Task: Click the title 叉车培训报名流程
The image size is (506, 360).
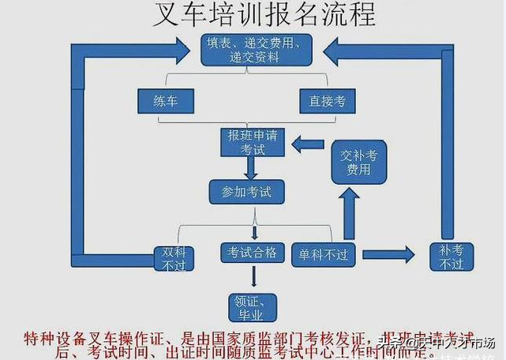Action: point(253,15)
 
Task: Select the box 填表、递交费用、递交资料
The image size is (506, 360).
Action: point(253,48)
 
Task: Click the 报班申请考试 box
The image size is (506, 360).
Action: point(250,142)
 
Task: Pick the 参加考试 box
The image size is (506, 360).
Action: point(246,191)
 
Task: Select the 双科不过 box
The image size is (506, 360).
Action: point(174,258)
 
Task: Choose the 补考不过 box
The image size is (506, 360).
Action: point(451,257)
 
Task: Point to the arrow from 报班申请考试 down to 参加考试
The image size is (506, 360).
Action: point(252,167)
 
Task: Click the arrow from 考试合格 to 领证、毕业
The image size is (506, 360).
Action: point(253,276)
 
